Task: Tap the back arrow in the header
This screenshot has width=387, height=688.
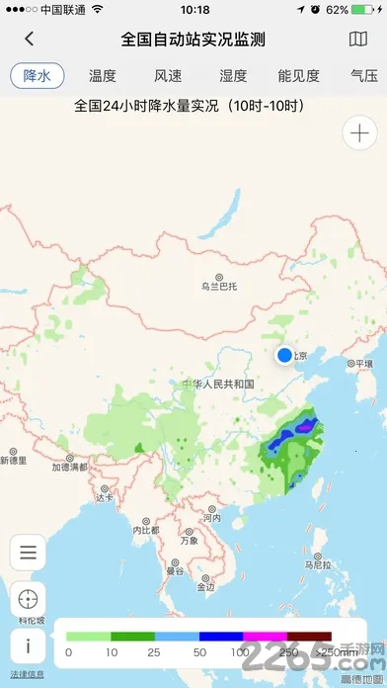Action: [x=30, y=40]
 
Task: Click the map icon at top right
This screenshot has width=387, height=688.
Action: [x=358, y=40]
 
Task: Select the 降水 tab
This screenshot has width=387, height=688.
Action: [x=37, y=75]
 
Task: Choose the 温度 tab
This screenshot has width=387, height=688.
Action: [x=103, y=75]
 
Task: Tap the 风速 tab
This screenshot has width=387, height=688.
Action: [x=168, y=75]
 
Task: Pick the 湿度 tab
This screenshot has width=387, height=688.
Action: [x=233, y=75]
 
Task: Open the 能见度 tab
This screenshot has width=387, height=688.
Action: [x=298, y=75]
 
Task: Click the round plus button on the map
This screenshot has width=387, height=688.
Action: [x=357, y=132]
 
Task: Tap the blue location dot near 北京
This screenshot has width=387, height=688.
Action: [x=285, y=355]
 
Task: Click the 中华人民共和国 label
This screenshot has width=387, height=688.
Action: [x=218, y=384]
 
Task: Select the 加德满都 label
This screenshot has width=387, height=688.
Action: [x=69, y=467]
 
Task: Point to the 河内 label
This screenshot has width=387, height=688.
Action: [x=211, y=517]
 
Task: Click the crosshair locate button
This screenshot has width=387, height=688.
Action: [x=28, y=598]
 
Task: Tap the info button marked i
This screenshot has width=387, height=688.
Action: [x=28, y=645]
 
